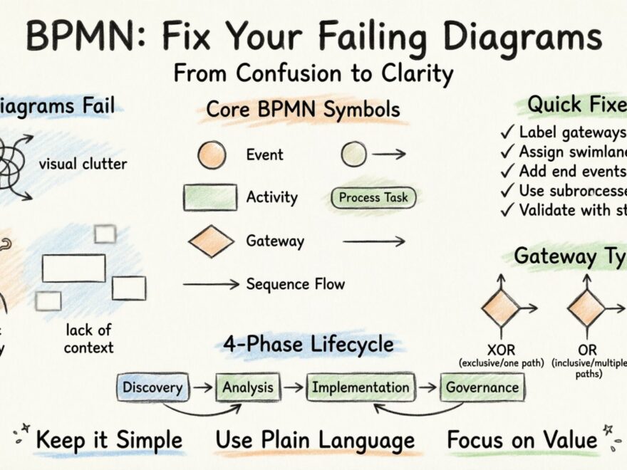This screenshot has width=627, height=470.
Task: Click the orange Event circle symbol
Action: tap(212, 155)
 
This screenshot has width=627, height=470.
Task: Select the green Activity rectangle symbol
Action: tap(210, 197)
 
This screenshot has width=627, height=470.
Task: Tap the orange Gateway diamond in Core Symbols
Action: tap(211, 241)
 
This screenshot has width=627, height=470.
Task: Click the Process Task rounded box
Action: tap(373, 197)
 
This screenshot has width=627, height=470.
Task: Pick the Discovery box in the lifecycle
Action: tap(152, 387)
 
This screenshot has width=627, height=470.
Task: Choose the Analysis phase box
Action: tap(247, 387)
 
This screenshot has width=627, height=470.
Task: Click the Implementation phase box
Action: tap(361, 387)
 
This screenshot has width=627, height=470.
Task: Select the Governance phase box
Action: tap(482, 387)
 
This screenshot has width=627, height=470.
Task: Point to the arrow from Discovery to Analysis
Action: tap(202, 388)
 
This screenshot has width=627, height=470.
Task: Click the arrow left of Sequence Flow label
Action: tap(211, 284)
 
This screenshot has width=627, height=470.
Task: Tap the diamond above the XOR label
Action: tap(500, 308)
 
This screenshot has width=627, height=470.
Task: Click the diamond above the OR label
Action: tap(586, 308)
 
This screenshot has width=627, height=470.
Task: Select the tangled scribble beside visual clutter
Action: tap(13, 160)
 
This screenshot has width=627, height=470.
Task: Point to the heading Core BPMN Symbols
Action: tap(303, 110)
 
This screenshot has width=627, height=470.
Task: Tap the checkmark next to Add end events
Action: tap(507, 171)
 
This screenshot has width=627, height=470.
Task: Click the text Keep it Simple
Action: tap(108, 440)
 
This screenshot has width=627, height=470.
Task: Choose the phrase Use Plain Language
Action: tap(315, 440)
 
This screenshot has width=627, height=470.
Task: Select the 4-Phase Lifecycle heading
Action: tap(308, 345)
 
